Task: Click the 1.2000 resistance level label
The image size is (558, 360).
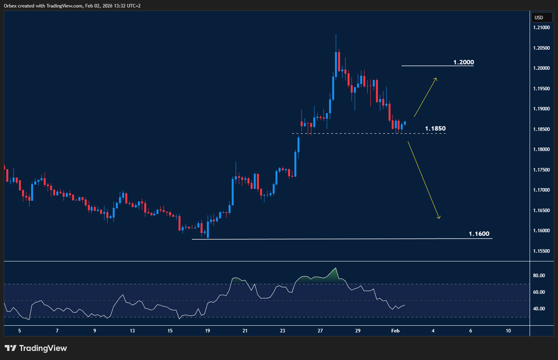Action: coord(463,62)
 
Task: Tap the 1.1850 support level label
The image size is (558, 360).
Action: coord(435,129)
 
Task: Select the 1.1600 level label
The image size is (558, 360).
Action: coord(479,234)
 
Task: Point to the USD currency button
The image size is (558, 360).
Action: coord(539,18)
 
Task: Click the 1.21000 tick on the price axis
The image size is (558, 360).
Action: coord(541,28)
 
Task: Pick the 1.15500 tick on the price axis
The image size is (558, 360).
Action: coord(541,251)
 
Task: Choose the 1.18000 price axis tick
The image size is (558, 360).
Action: coord(541,149)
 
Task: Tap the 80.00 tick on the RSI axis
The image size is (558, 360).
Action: coord(539,276)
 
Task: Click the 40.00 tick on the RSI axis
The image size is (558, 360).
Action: coord(539,309)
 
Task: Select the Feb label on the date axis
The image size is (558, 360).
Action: coord(395,331)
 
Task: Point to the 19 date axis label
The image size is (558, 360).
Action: coord(207,331)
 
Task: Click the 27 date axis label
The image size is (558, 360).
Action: coord(320,331)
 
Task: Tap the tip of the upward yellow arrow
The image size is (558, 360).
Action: coord(436,78)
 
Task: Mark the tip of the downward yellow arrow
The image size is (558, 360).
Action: coord(439,218)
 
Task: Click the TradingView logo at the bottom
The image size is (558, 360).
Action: coord(36,348)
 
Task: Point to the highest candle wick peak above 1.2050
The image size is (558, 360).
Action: coord(336,35)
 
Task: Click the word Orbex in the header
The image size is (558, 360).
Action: coord(11,6)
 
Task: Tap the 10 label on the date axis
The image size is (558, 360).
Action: coord(508,331)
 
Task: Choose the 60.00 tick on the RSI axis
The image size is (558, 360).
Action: coord(539,292)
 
